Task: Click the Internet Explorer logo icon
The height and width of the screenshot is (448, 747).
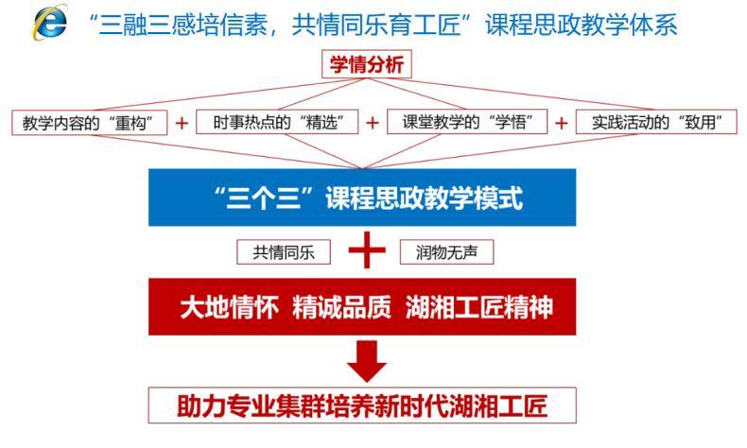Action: (x=49, y=23)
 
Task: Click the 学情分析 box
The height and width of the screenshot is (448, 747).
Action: (x=366, y=64)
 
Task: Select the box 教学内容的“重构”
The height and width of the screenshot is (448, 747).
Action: (x=90, y=123)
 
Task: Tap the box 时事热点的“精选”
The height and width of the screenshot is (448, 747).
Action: (x=277, y=122)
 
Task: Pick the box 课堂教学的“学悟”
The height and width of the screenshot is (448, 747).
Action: (x=467, y=122)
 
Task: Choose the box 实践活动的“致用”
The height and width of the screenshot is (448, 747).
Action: (x=656, y=122)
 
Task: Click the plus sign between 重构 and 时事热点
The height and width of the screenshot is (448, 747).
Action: (x=182, y=123)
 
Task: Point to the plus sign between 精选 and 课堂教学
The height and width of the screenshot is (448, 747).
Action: (x=373, y=123)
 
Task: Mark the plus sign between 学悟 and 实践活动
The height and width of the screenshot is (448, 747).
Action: (x=562, y=123)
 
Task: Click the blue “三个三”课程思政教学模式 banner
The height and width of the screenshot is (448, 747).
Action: (x=362, y=198)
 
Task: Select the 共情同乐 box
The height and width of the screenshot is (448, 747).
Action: (x=284, y=251)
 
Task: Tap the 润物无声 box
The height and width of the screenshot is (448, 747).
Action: (x=446, y=251)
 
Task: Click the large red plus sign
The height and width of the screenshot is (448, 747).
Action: (x=366, y=250)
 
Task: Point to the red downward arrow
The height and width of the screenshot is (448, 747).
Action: (x=366, y=361)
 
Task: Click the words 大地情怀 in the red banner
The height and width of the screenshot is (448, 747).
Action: (x=229, y=307)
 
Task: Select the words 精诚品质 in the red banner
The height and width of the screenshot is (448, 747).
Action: (x=341, y=307)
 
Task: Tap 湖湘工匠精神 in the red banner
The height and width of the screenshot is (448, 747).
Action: (x=478, y=307)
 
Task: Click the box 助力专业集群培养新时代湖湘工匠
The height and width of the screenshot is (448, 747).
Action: (x=362, y=405)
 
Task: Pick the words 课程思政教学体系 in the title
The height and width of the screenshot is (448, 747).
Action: (x=582, y=24)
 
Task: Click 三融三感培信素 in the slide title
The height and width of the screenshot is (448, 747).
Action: (x=182, y=24)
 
